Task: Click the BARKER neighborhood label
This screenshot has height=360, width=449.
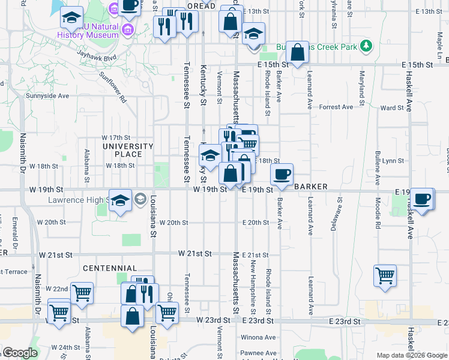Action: point(310,187)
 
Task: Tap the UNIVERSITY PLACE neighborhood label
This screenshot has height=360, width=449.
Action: point(128,150)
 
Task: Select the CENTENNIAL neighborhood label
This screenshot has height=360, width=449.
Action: point(110,268)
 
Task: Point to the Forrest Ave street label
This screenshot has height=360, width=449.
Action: point(336,107)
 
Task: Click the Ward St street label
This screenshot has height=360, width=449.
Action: point(392,108)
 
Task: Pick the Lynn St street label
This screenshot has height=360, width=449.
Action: point(393,161)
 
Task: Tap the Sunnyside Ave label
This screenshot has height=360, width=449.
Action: point(47,95)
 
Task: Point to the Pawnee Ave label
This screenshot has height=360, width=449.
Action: point(258,353)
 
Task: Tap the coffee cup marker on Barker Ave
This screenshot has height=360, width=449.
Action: point(281,175)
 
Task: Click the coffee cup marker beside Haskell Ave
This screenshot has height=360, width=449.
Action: point(421,198)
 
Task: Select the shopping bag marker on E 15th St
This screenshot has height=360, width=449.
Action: point(297,52)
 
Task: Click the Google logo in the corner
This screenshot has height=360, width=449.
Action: point(20,352)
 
